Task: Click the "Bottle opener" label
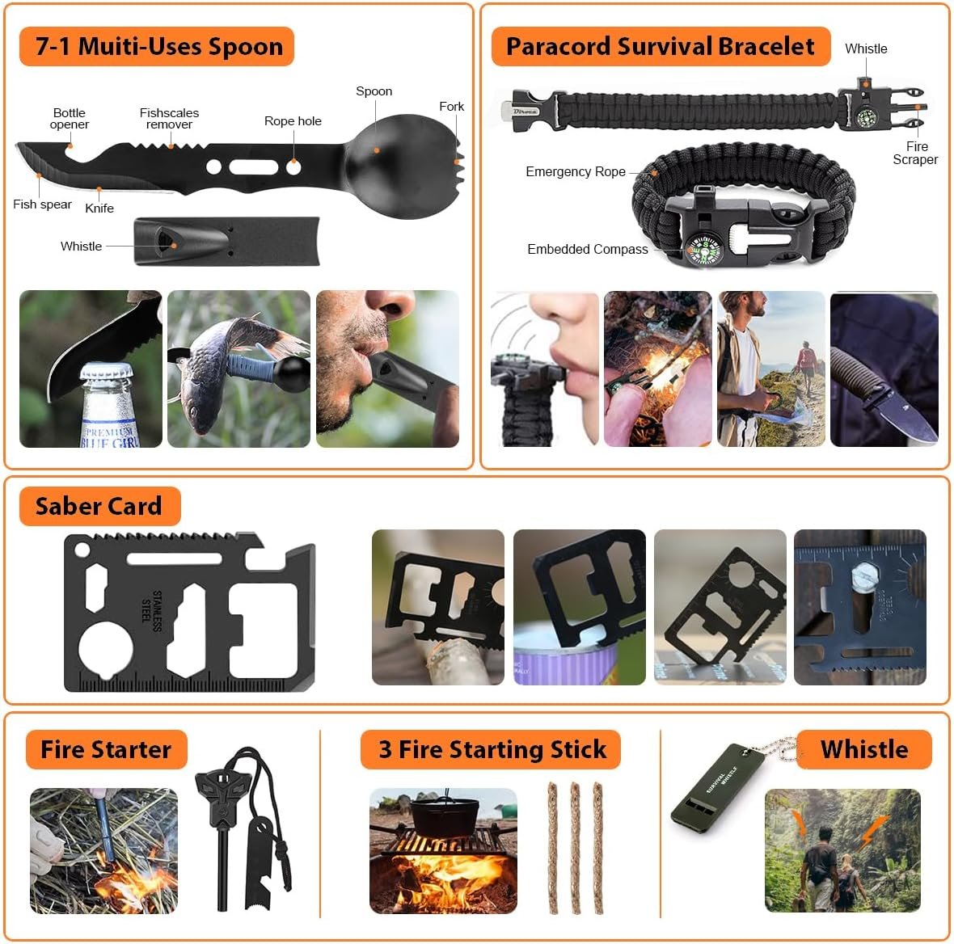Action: tap(69, 119)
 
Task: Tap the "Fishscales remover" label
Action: tap(169, 119)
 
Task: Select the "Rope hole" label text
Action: tap(293, 121)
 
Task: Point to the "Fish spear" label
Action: tap(42, 204)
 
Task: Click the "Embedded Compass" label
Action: tap(587, 249)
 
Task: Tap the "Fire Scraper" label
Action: tap(915, 153)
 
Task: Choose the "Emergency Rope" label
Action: tap(575, 171)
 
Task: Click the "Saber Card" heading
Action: tap(99, 507)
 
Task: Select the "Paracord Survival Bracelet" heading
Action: tap(660, 46)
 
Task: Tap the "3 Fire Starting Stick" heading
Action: tap(492, 749)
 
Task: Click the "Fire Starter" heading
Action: tap(106, 749)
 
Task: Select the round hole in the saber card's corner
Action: tap(81, 550)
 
